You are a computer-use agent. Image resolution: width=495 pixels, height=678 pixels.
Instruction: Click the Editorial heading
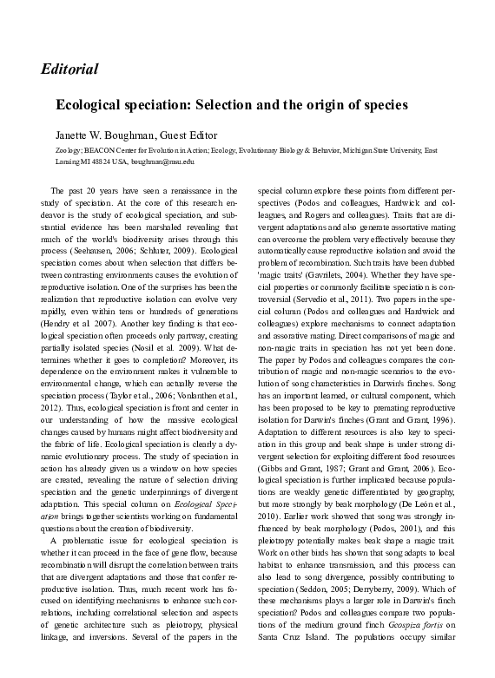click(68, 68)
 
